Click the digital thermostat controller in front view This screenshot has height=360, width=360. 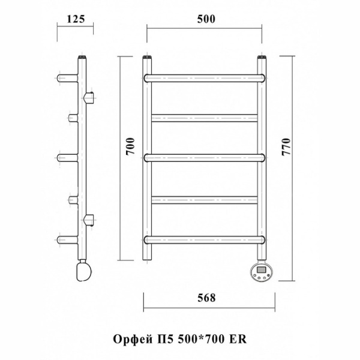263,271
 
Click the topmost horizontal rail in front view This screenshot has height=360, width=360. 205,77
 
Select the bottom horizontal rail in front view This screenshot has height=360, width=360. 205,239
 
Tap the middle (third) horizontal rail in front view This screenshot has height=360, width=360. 205,158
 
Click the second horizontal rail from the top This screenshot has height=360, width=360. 205,118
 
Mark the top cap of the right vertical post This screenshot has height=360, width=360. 262,58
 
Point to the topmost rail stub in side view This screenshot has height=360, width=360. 67,78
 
